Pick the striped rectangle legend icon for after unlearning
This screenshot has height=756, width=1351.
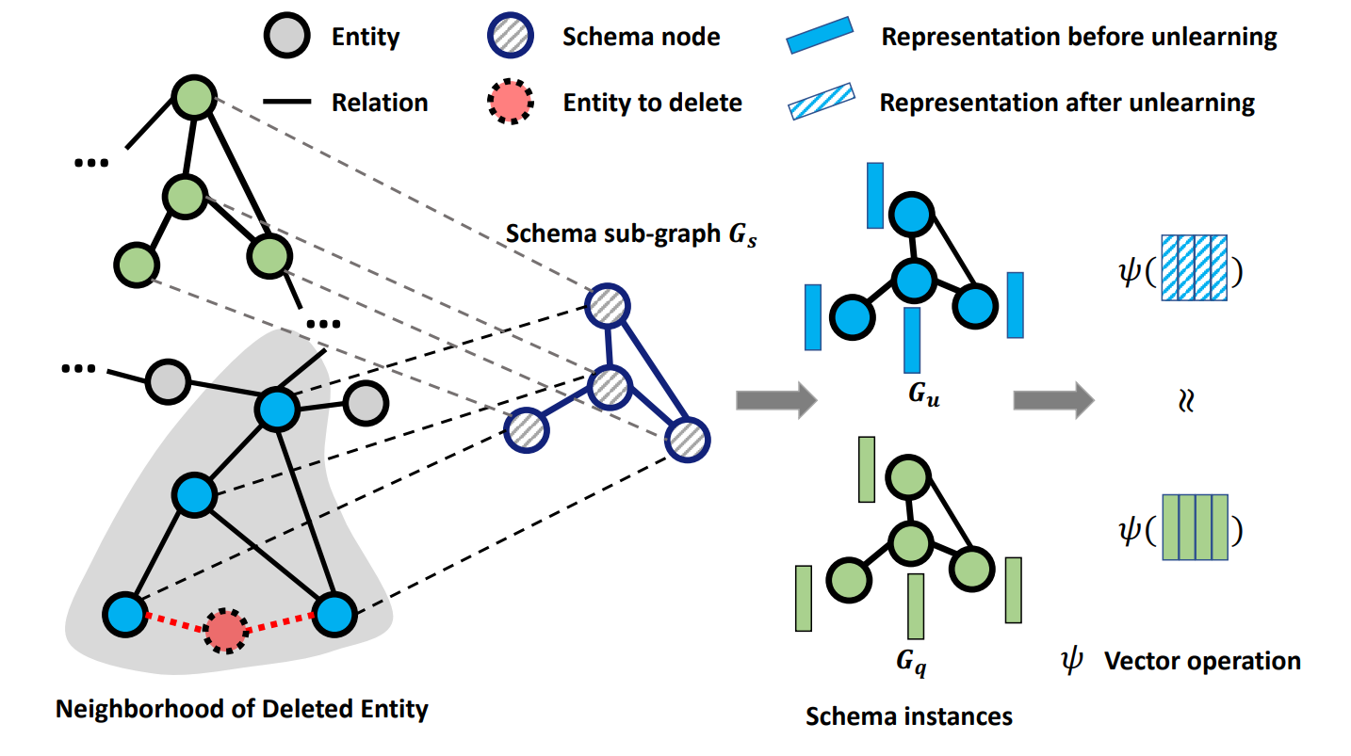tap(821, 101)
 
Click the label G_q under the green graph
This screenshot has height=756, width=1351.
tap(910, 662)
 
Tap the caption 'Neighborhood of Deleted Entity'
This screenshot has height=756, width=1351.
tap(242, 708)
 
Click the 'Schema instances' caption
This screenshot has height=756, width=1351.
tap(909, 716)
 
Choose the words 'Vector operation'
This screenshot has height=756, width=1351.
tap(1202, 661)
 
